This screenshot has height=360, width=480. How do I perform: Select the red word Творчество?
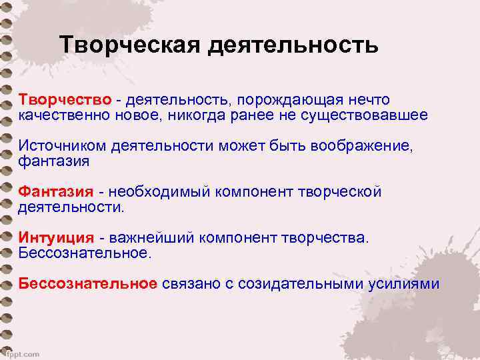pos(65,99)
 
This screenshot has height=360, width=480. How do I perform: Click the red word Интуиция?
pos(56,237)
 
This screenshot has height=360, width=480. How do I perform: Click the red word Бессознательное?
pos(87,283)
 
